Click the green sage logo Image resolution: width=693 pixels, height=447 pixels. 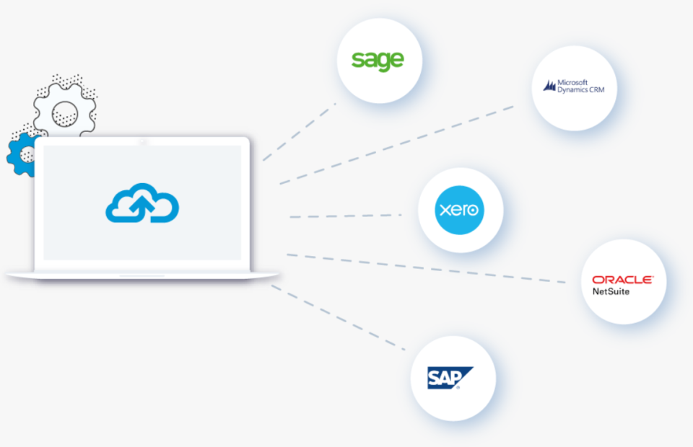click(378, 61)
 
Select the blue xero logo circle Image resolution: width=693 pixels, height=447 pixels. click(460, 211)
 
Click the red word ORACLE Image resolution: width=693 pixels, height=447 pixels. click(622, 280)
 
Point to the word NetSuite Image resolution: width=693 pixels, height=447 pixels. click(611, 291)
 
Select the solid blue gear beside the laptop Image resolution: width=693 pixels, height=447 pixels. click(20, 154)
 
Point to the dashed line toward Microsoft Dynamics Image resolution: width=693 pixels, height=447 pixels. click(397, 144)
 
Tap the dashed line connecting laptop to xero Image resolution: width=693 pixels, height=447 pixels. click(345, 216)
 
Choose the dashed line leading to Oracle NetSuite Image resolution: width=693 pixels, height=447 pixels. click(426, 267)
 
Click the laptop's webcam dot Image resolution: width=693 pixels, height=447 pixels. click(142, 141)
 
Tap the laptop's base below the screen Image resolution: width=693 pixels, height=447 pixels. click(142, 275)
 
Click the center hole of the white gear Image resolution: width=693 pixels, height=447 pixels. click(65, 111)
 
